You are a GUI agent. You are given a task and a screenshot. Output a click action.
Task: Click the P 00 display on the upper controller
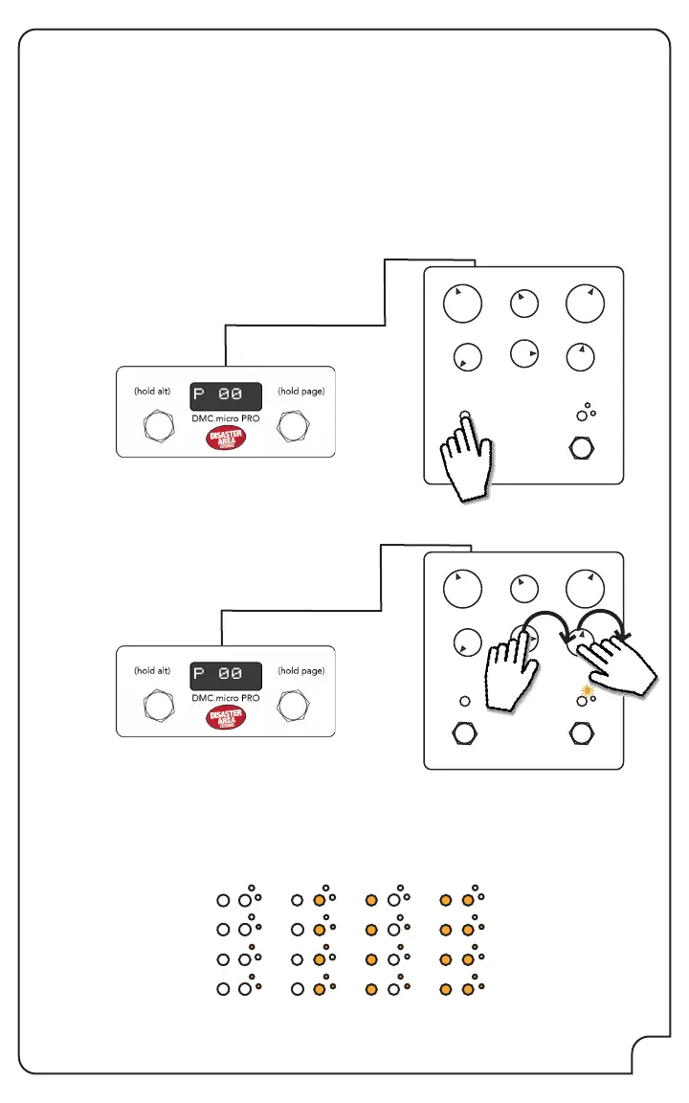click(x=226, y=395)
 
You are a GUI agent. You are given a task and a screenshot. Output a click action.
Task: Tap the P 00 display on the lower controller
click(x=226, y=674)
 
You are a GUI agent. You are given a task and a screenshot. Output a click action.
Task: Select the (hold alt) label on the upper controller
click(x=152, y=391)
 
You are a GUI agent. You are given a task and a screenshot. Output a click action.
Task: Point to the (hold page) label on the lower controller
click(x=300, y=670)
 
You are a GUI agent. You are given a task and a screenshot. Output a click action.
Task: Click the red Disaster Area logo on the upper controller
click(x=226, y=439)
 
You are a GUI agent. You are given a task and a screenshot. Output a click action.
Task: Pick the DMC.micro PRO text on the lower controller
click(x=226, y=698)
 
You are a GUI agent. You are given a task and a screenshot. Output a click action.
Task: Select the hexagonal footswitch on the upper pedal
click(x=580, y=448)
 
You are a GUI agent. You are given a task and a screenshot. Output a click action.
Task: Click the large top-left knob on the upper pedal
click(x=462, y=304)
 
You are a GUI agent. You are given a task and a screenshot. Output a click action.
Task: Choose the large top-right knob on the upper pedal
click(x=585, y=303)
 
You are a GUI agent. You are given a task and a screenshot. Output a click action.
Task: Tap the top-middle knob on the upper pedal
click(x=523, y=304)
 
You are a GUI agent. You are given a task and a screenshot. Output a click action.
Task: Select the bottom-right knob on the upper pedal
click(x=580, y=357)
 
